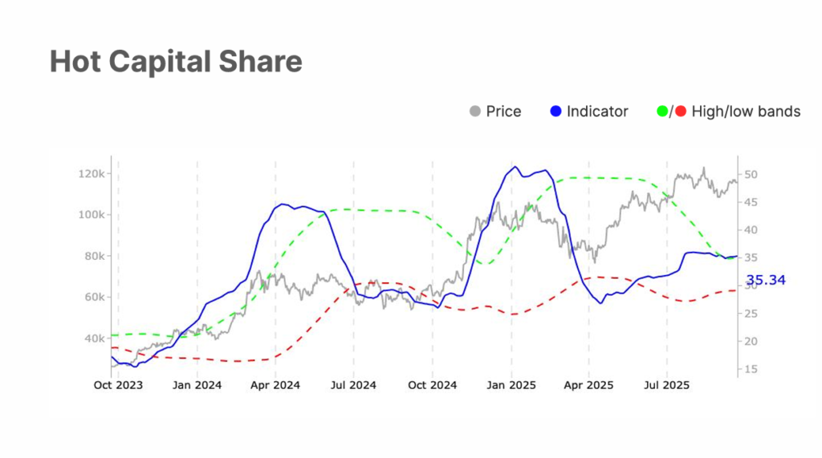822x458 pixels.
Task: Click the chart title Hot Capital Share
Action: [176, 61]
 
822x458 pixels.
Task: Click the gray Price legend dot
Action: [474, 111]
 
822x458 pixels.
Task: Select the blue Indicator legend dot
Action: [555, 111]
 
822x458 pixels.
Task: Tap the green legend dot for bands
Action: [661, 111]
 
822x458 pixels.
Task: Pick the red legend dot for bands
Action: [680, 111]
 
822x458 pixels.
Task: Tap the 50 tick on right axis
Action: [751, 174]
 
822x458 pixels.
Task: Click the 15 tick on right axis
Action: [751, 369]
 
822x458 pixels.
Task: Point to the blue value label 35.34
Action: [766, 280]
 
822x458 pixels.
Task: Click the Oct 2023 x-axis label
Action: [118, 385]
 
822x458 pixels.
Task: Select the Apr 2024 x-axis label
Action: [275, 385]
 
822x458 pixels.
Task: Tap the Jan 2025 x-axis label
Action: [511, 385]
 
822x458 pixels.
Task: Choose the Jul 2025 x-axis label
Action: [667, 385]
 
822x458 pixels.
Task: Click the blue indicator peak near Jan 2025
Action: [515, 167]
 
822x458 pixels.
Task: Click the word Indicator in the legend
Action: [597, 111]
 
